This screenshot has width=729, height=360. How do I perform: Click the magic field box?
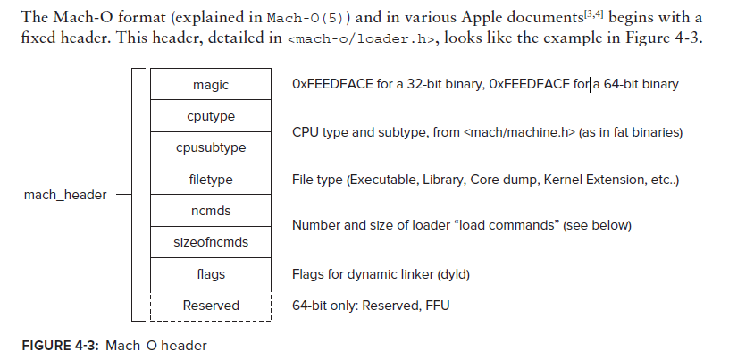click(x=211, y=85)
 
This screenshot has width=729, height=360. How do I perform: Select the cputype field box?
click(x=211, y=116)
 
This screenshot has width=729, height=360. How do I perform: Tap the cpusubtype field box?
click(x=211, y=147)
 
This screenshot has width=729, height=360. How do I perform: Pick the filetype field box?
click(x=211, y=180)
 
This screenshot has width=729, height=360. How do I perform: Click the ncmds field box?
click(x=211, y=211)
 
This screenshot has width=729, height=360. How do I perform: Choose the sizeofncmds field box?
click(x=211, y=242)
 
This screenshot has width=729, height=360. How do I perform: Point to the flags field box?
click(x=211, y=274)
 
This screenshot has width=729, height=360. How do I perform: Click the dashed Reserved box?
click(x=211, y=306)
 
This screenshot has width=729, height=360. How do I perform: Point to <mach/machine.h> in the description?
click(x=519, y=132)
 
